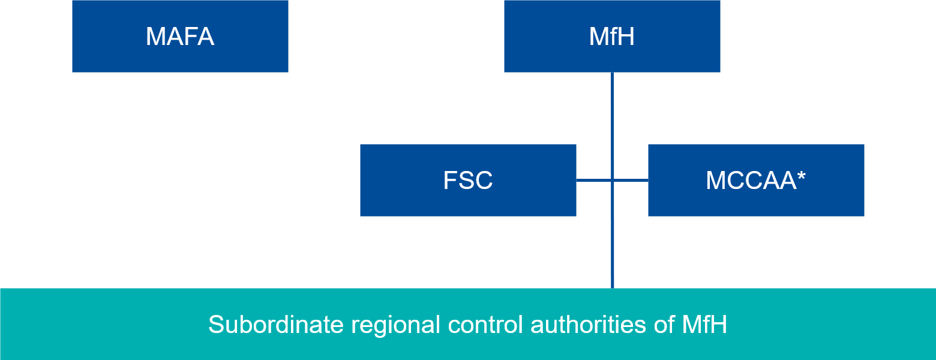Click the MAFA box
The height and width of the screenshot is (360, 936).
click(180, 36)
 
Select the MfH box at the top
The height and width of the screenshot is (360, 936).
click(612, 36)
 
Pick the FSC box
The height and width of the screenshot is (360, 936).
click(468, 180)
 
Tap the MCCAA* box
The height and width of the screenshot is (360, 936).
click(756, 180)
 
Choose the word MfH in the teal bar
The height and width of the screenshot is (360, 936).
click(704, 325)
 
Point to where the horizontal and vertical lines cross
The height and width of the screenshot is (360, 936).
click(613, 180)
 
